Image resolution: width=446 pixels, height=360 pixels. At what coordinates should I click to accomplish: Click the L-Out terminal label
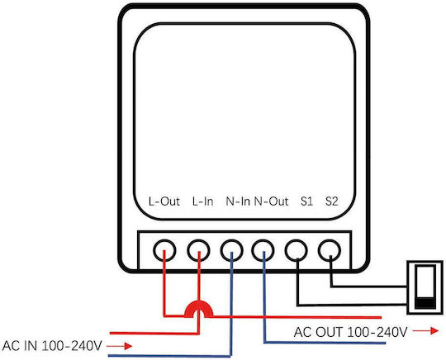(164, 201)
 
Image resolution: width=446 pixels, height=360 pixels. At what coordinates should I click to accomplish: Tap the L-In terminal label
(203, 201)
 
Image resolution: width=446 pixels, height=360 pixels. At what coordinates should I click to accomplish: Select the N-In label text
(238, 201)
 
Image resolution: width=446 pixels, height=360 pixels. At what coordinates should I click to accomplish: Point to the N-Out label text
(271, 201)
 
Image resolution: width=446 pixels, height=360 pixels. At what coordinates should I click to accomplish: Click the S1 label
(306, 201)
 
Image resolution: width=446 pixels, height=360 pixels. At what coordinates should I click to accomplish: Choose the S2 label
(332, 201)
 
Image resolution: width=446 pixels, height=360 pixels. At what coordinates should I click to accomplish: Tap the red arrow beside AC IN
(120, 346)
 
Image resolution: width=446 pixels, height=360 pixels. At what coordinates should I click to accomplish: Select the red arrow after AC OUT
(426, 331)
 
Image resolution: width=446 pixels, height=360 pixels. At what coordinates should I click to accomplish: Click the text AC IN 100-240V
(52, 346)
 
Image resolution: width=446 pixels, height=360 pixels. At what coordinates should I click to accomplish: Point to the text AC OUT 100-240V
(350, 332)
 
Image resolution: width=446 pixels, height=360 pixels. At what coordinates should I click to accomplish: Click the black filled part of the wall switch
(425, 302)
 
